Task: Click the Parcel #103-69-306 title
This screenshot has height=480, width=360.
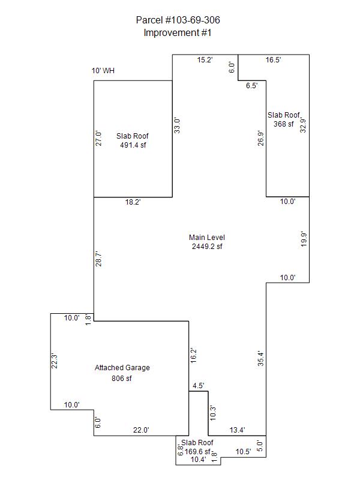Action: (178, 20)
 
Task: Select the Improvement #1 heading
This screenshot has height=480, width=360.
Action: (178, 33)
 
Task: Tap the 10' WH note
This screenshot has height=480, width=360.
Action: (103, 71)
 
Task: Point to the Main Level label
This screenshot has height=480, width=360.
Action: (207, 237)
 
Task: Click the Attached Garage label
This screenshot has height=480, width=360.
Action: (122, 368)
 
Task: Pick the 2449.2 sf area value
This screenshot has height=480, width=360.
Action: (207, 246)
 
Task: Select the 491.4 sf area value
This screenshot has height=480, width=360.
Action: (132, 145)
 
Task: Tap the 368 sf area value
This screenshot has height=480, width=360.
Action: (284, 124)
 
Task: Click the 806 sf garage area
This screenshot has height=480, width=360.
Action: (122, 379)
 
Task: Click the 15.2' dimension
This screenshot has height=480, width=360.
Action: (205, 60)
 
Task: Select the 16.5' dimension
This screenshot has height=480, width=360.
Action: (274, 60)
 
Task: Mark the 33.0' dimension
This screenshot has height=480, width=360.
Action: (178, 125)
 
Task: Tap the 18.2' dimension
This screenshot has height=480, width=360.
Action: (133, 203)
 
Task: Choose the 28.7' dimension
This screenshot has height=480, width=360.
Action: (99, 259)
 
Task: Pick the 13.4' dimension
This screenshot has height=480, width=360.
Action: (238, 430)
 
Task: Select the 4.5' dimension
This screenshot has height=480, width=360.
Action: (199, 386)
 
